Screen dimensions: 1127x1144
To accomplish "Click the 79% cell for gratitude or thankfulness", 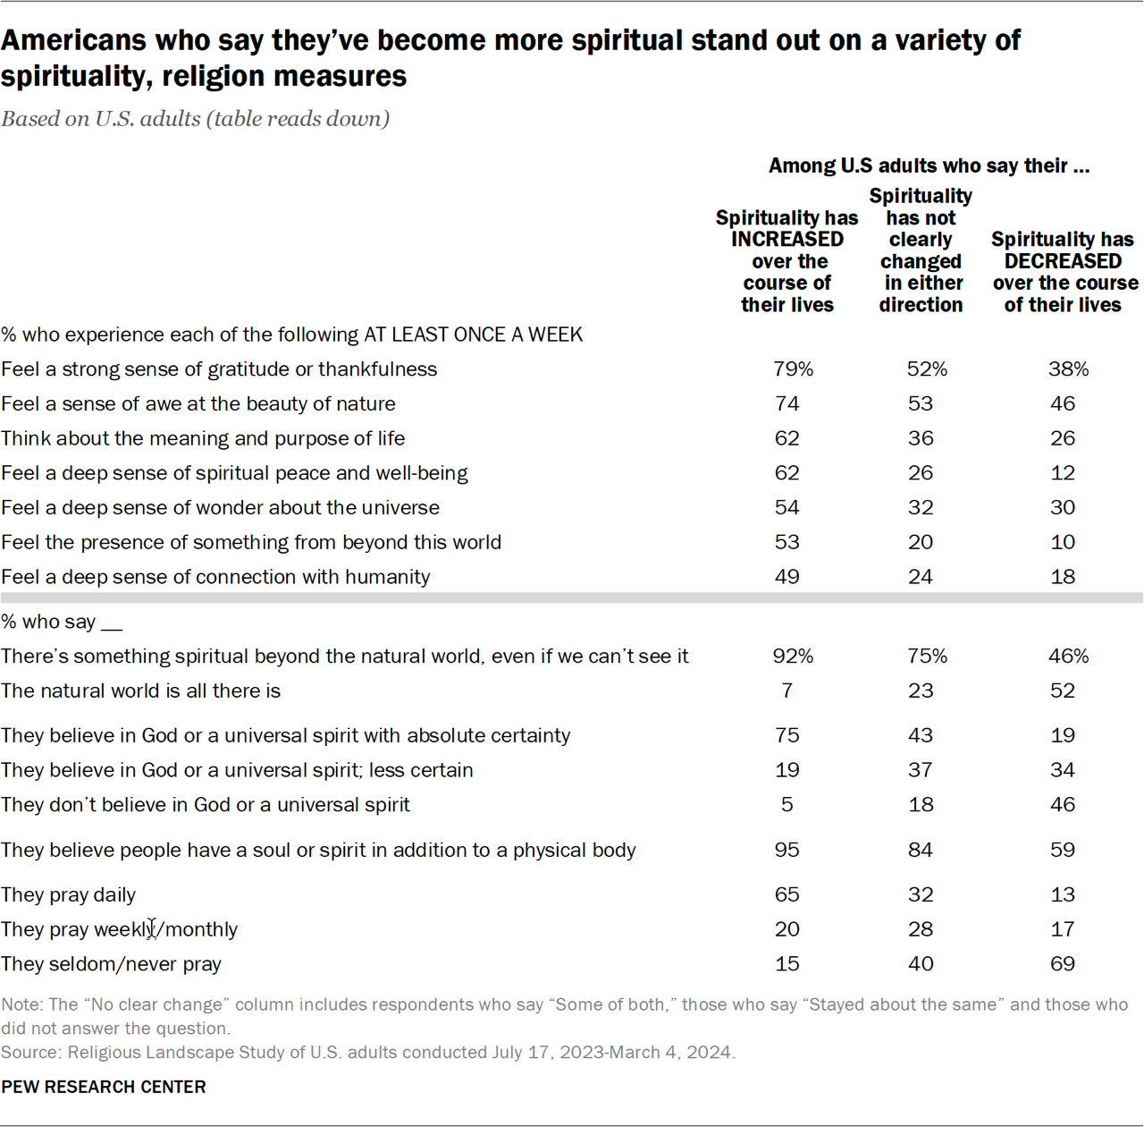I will pyautogui.click(x=792, y=369).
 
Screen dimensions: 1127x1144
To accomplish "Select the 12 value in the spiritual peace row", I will pyautogui.click(x=1062, y=473).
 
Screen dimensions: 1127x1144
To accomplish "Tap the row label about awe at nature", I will pyautogui.click(x=198, y=404).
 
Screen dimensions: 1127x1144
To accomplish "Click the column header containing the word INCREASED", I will pyautogui.click(x=786, y=261).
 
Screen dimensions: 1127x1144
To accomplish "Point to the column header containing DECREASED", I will pyautogui.click(x=1064, y=272).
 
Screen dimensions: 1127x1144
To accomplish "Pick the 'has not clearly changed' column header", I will pyautogui.click(x=921, y=250).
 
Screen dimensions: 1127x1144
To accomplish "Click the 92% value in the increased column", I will pyautogui.click(x=792, y=657).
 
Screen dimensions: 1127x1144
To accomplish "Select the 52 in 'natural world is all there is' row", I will pyautogui.click(x=1062, y=691).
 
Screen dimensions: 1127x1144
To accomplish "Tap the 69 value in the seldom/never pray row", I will pyautogui.click(x=1062, y=964).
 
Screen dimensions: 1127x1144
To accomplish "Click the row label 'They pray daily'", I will pyautogui.click(x=69, y=895).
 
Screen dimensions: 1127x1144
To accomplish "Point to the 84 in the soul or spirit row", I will pyautogui.click(x=920, y=850).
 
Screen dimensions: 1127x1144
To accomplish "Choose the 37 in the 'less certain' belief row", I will pyautogui.click(x=920, y=770).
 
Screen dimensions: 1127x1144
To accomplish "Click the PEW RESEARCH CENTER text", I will pyautogui.click(x=104, y=1087).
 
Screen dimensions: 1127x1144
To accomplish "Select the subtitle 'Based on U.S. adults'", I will pyautogui.click(x=195, y=119).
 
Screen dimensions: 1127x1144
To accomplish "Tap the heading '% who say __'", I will pyautogui.click(x=61, y=623).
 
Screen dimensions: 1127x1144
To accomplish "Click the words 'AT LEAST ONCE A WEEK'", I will pyautogui.click(x=473, y=335).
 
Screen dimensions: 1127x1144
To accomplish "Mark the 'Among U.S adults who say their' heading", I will pyautogui.click(x=928, y=165).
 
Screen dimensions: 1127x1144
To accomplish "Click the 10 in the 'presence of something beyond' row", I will pyautogui.click(x=1062, y=543).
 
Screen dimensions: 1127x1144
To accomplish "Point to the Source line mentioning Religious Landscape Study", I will pyautogui.click(x=367, y=1053).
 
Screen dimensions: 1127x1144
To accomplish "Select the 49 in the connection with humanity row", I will pyautogui.click(x=786, y=578).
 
